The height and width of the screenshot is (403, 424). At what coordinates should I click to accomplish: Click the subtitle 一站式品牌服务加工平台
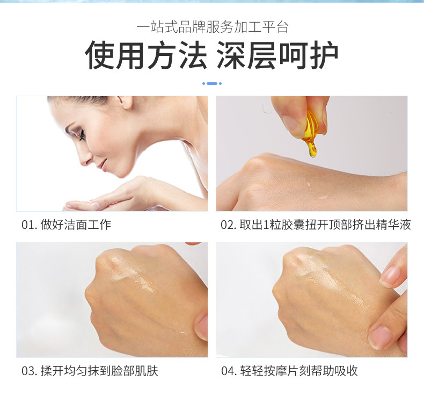(213, 27)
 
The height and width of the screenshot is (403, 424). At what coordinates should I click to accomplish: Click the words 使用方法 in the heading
(146, 55)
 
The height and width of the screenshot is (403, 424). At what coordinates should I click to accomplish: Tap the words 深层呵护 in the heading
(277, 55)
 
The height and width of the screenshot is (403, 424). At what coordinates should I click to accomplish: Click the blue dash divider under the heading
(212, 83)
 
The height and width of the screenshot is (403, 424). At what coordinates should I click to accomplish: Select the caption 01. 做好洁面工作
(66, 225)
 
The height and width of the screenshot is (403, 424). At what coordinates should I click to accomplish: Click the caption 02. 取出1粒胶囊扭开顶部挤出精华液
(316, 225)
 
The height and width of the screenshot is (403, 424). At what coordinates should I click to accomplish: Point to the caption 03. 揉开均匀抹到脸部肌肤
(90, 371)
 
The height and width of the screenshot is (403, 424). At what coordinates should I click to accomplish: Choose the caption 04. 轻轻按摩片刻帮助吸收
(289, 371)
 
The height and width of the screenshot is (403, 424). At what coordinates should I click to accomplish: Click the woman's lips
(101, 164)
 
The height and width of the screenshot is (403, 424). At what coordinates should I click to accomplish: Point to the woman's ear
(125, 102)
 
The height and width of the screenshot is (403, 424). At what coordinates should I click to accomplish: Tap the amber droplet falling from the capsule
(312, 150)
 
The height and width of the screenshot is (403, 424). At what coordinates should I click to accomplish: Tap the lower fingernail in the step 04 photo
(381, 336)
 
